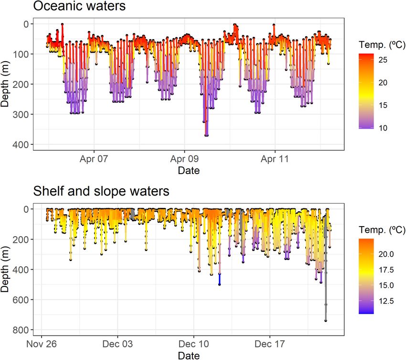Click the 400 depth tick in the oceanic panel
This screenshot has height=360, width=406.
click(x=22, y=144)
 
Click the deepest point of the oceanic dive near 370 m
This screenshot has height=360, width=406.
click(x=206, y=135)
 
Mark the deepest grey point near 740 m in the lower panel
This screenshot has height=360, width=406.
click(x=326, y=320)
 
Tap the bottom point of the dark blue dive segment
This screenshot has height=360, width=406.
click(x=219, y=284)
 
